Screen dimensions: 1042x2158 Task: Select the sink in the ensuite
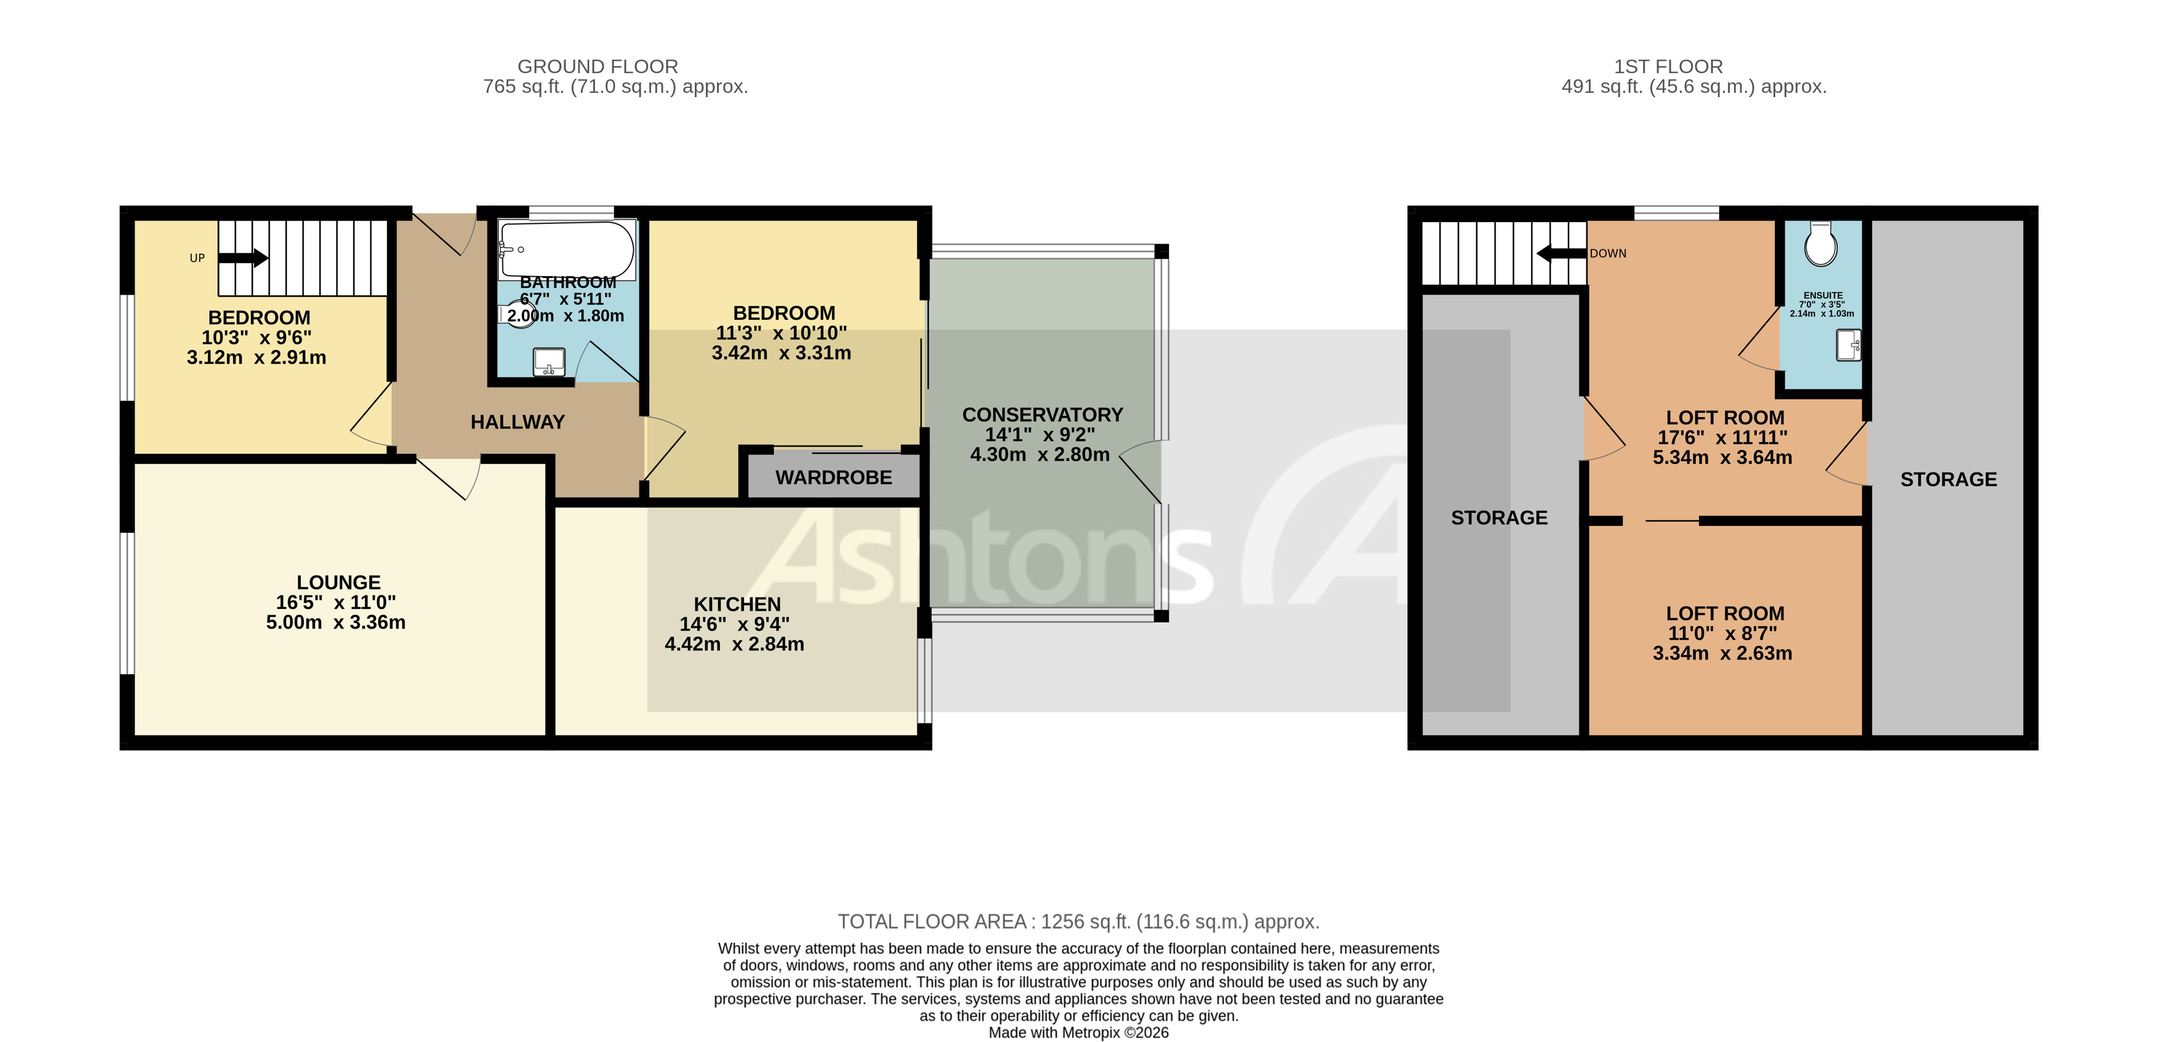(x=1848, y=345)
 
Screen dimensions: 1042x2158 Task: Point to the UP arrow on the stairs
(x=244, y=257)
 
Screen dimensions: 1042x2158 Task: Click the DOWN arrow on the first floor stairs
(x=1561, y=253)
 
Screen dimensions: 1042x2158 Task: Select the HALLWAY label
(x=517, y=422)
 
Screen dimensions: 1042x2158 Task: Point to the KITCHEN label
(x=737, y=604)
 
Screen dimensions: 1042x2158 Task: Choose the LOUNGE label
(x=338, y=582)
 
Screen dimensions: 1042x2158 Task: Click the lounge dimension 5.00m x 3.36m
(x=335, y=622)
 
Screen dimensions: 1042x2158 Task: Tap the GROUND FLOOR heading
(x=597, y=66)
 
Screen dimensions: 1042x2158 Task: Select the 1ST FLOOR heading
(x=1668, y=66)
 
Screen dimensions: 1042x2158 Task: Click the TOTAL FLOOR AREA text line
(x=1078, y=921)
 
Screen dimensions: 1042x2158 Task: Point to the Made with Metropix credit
(x=1078, y=1032)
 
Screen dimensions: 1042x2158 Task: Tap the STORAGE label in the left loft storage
(x=1499, y=518)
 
